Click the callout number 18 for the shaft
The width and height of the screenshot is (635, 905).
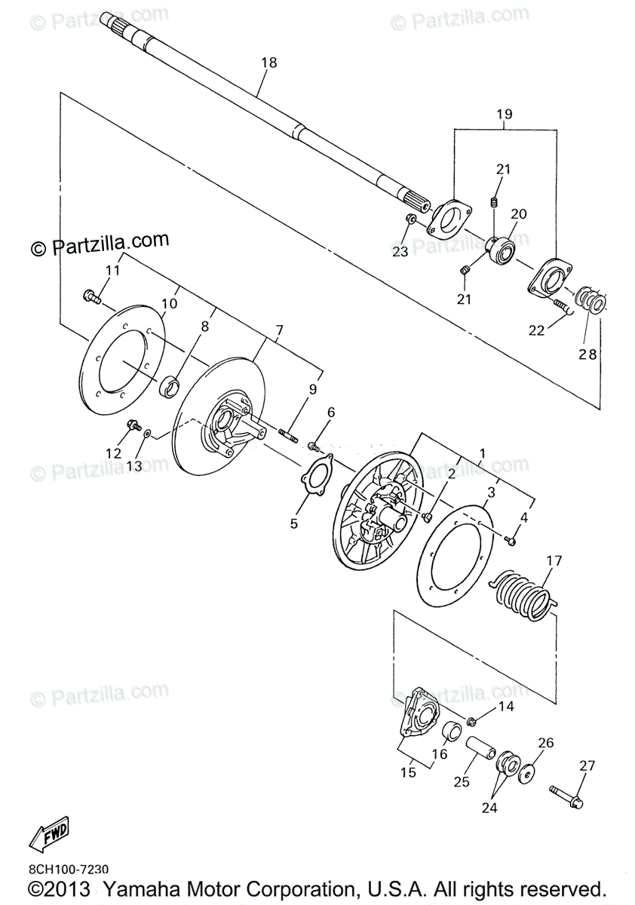tap(269, 63)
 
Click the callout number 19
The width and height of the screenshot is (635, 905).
tap(505, 115)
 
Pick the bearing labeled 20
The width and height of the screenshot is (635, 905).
tap(499, 251)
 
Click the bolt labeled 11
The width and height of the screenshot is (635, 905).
tap(92, 297)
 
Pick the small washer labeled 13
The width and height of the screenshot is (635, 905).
tap(147, 434)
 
